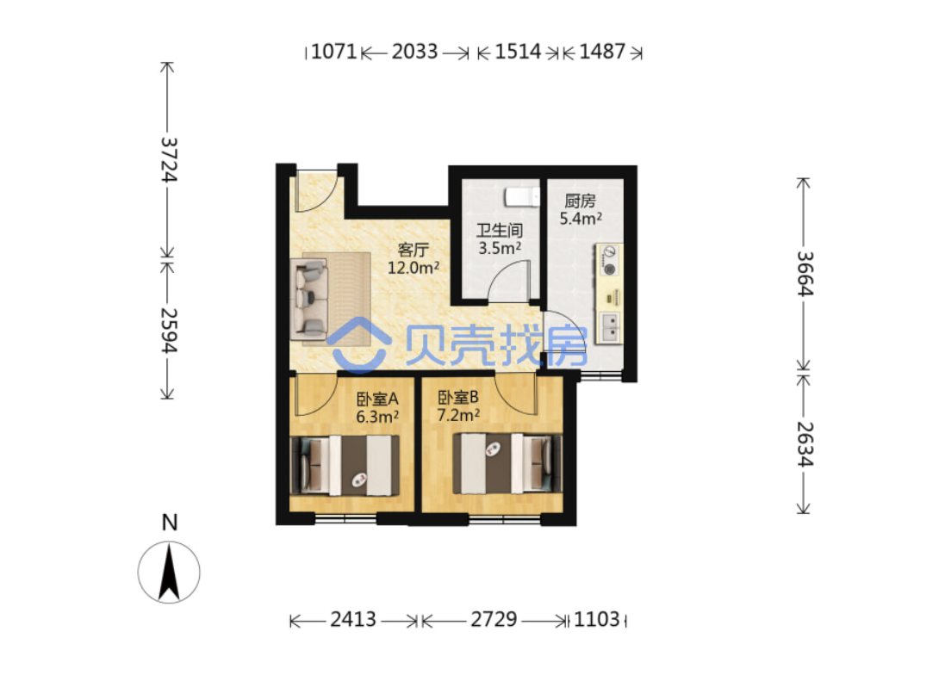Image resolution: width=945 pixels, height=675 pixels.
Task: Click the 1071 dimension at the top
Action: point(334,52)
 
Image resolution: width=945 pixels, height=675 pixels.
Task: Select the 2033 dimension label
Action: point(414,52)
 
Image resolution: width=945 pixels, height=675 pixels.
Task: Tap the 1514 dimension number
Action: point(518,52)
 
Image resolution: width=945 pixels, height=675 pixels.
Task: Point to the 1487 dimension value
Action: point(602,52)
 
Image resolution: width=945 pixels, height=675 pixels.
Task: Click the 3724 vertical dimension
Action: point(169,159)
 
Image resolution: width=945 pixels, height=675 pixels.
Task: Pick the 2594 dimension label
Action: point(169,331)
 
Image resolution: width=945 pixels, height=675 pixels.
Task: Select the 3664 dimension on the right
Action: point(805,274)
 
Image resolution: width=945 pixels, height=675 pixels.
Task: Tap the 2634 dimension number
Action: point(805,444)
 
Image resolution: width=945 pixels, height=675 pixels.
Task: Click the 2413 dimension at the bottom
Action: point(353,620)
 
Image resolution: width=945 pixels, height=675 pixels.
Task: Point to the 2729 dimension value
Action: point(494,620)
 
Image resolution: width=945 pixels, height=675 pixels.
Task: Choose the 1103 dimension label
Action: point(597,620)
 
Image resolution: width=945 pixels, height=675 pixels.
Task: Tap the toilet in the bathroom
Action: point(522,197)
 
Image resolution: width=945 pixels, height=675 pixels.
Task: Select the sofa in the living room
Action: point(309,299)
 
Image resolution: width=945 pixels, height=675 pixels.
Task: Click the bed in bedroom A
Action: point(345,466)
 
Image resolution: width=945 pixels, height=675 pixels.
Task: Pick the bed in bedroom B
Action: point(507,464)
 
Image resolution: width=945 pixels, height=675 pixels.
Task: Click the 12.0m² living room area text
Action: point(413,268)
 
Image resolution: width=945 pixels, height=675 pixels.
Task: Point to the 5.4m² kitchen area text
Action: point(581,219)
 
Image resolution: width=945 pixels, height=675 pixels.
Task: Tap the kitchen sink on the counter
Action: point(609,327)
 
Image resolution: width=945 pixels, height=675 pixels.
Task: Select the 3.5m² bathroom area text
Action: point(500,247)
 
